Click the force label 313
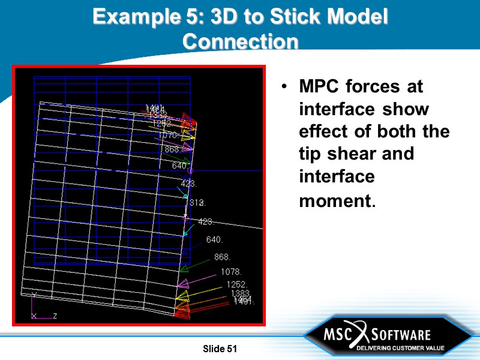pyautogui.click(x=197, y=203)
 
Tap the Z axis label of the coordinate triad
pyautogui.click(x=55, y=316)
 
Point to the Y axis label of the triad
pyautogui.click(x=34, y=295)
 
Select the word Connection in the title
pyautogui.click(x=240, y=41)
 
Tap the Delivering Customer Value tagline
pyautogui.click(x=400, y=348)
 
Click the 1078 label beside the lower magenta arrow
pyautogui.click(x=230, y=272)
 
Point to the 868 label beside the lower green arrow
pyautogui.click(x=222, y=257)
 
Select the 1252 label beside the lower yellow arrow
pyautogui.click(x=236, y=284)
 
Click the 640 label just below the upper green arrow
pyautogui.click(x=179, y=166)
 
